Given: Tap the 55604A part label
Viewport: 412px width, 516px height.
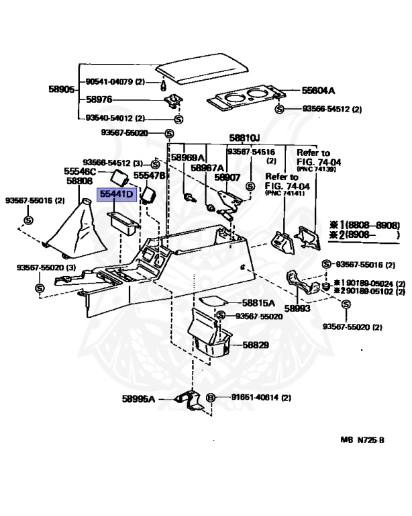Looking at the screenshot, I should coord(318,90).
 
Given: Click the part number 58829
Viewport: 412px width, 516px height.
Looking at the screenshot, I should coord(256,345).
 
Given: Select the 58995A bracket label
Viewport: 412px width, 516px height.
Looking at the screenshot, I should coord(138,398).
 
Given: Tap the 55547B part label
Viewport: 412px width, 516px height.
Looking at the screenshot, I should coord(148,175).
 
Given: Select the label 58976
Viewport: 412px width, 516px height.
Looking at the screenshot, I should coord(99,99).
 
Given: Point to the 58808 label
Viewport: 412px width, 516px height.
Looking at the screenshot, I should coord(80,181).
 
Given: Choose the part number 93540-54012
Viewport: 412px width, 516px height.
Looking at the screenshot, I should coord(109,118).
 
